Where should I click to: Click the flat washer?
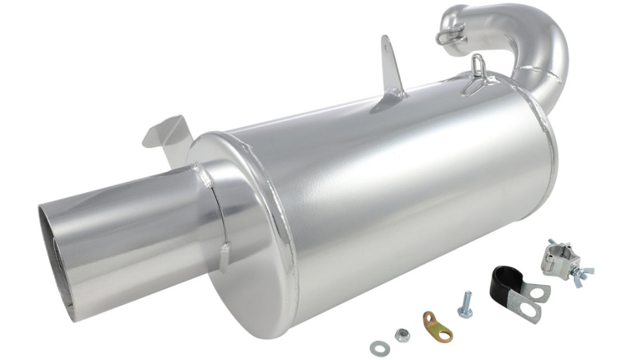(378, 347)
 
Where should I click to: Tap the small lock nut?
(401, 334)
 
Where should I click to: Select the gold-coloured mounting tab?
(437, 326)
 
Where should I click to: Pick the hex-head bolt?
(465, 305)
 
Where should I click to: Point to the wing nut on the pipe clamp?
(582, 273)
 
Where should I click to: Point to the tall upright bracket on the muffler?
(391, 69)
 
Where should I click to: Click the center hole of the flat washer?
(378, 347)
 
